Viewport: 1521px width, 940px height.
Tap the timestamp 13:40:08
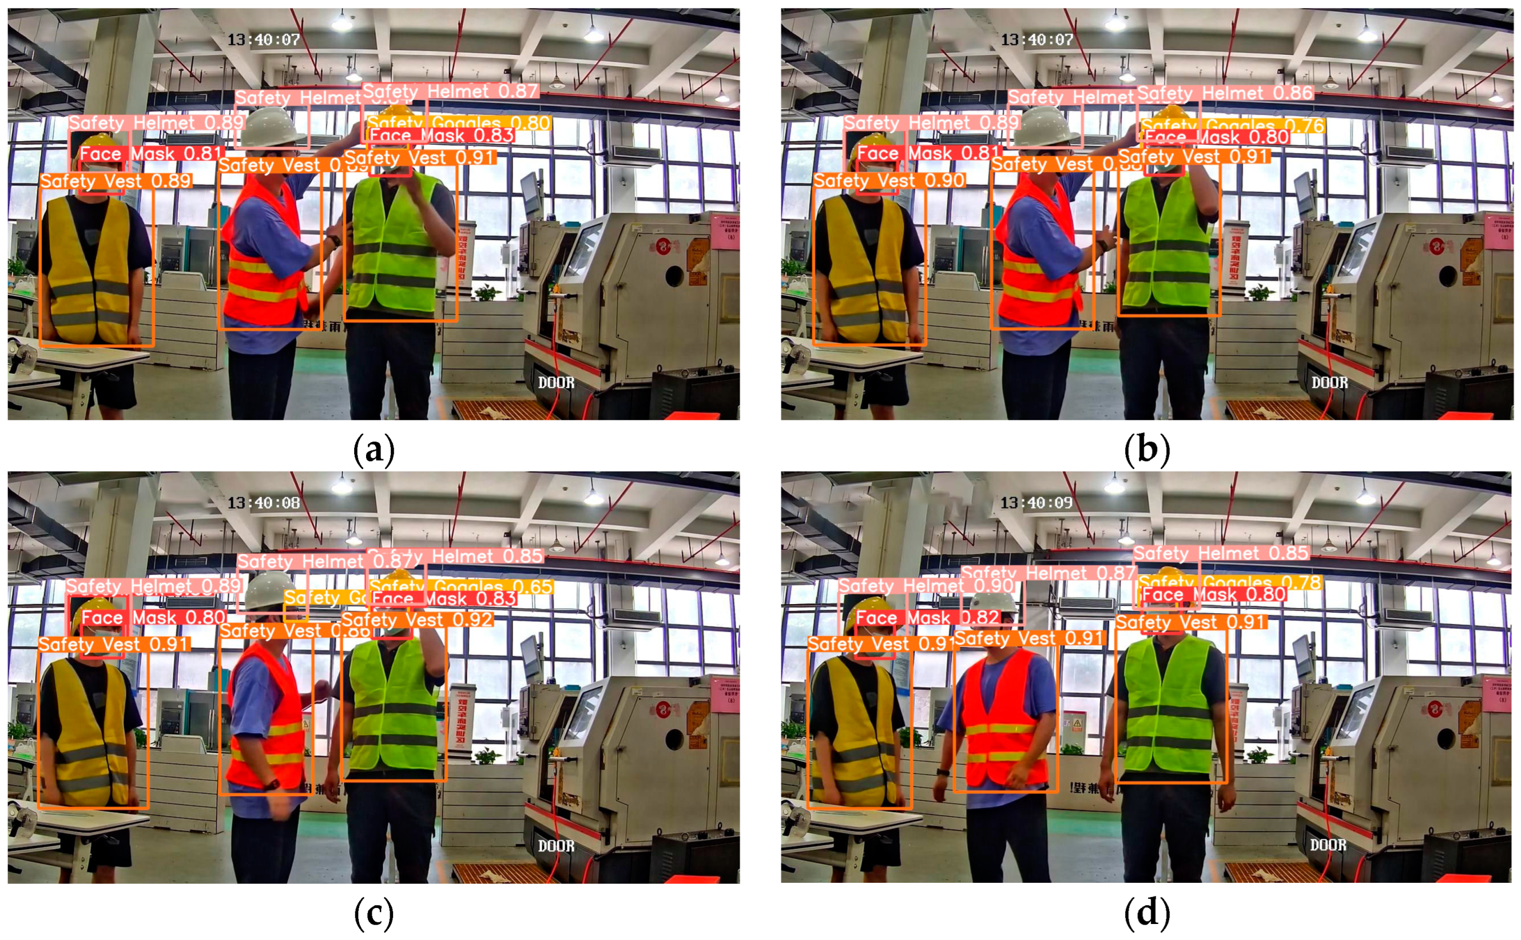pos(263,502)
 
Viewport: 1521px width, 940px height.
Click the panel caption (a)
pos(374,450)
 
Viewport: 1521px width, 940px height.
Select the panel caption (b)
pos(1147,450)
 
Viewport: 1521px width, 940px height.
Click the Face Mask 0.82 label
pos(927,617)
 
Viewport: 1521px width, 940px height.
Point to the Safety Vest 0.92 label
pos(417,619)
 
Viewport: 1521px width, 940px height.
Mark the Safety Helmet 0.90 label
pos(926,585)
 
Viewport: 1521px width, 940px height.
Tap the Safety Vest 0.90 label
pos(889,180)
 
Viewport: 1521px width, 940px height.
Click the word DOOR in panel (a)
pos(557,382)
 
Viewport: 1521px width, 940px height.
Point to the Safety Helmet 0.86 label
pos(1225,93)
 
